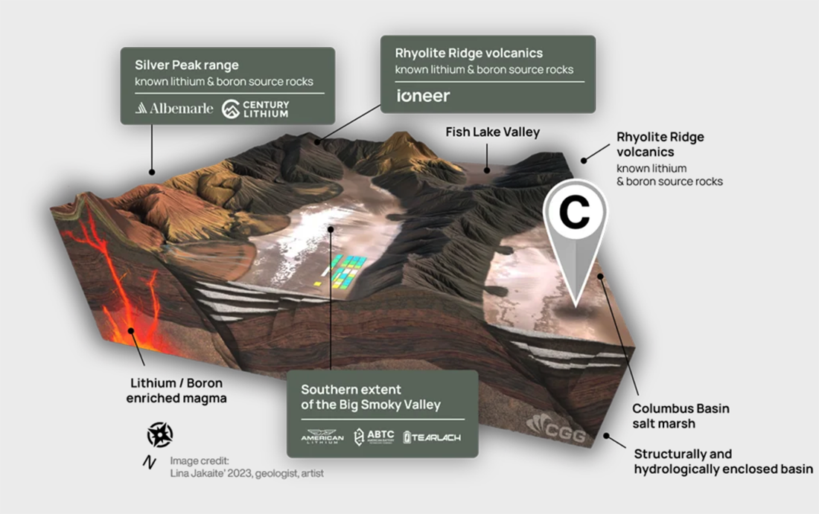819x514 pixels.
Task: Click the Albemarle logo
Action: [174, 109]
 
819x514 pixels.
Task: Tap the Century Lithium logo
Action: [255, 109]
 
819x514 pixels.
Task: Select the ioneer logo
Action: [423, 96]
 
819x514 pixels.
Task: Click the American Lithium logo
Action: [322, 437]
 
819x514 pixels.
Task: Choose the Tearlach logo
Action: [431, 437]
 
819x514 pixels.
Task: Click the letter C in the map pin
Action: [574, 213]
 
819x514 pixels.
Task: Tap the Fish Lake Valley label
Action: [492, 132]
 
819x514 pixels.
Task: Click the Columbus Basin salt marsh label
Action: [681, 415]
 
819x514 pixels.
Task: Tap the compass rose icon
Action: [159, 434]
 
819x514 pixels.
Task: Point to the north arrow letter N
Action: [149, 463]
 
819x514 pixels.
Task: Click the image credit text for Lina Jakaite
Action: [246, 467]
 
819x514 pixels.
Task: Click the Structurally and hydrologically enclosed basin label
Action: [722, 461]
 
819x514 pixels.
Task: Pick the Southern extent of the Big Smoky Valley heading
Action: [371, 397]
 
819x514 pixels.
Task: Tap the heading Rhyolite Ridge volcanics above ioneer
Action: [469, 53]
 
